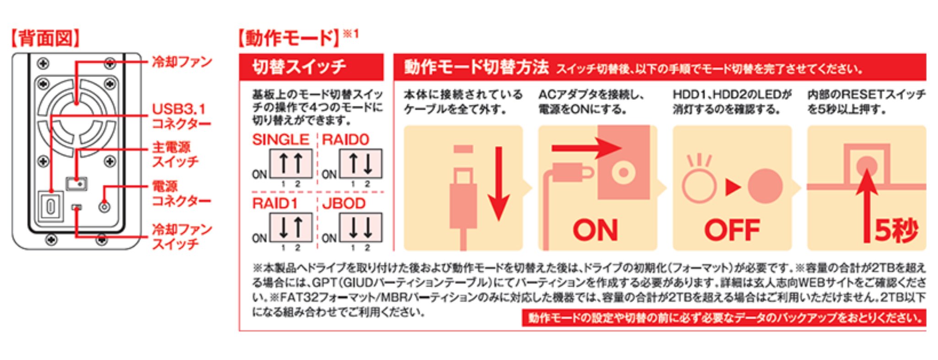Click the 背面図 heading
pyautogui.click(x=45, y=38)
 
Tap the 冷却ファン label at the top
pyautogui.click(x=182, y=62)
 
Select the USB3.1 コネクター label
pyautogui.click(x=181, y=116)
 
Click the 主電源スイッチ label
pyautogui.click(x=175, y=154)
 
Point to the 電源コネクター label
pyautogui.click(x=181, y=193)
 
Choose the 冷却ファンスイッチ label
pyautogui.click(x=182, y=236)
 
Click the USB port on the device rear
pyautogui.click(x=50, y=206)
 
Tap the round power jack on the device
pyautogui.click(x=104, y=207)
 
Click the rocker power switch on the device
pyautogui.click(x=76, y=184)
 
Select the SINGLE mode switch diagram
pyautogui.click(x=291, y=163)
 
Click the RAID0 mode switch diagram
pyautogui.click(x=360, y=163)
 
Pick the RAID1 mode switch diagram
pyautogui.click(x=291, y=227)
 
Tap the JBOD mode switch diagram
pyautogui.click(x=360, y=227)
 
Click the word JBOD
pyautogui.click(x=344, y=203)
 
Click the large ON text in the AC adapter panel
pyautogui.click(x=595, y=230)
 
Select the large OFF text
pyautogui.click(x=732, y=230)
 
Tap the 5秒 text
pyautogui.click(x=895, y=230)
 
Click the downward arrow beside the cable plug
pyautogui.click(x=498, y=183)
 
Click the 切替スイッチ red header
pyautogui.click(x=311, y=67)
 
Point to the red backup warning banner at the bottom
pyautogui.click(x=723, y=318)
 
